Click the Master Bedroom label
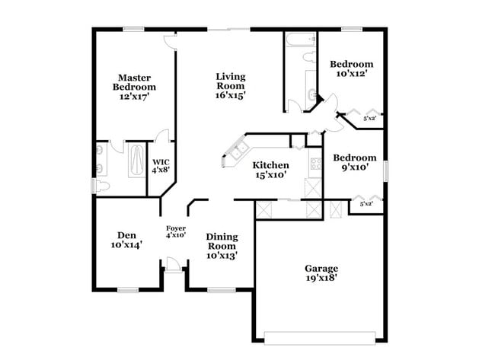pos(133,87)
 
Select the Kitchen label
pos(270,170)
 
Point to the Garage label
pos(321,273)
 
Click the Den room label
pos(126,240)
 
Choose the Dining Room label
pos(222,246)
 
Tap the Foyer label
pos(176,231)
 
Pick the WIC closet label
pos(161,166)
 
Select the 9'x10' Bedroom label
pos(354,163)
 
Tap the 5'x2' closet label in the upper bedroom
pos(370,118)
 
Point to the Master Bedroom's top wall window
pos(135,30)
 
